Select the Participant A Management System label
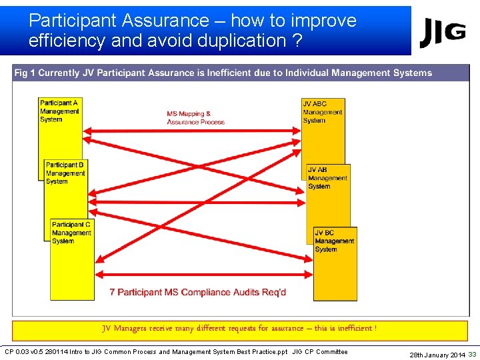[x=59, y=111]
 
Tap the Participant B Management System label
[x=65, y=173]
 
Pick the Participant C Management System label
[x=71, y=233]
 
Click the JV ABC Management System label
[x=323, y=112]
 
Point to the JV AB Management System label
[x=327, y=178]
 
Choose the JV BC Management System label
[x=334, y=241]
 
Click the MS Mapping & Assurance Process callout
[x=195, y=118]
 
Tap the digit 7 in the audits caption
[x=113, y=292]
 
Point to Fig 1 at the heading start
[x=25, y=73]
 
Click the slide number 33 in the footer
[x=472, y=354]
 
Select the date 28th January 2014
[x=437, y=355]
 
